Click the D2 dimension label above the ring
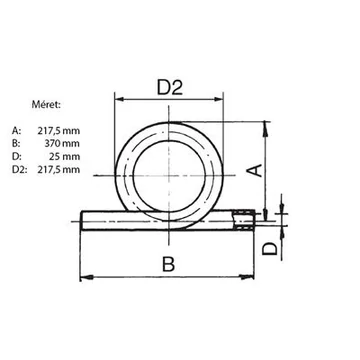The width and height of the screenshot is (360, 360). [170, 88]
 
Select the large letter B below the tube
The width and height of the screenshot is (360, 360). [169, 264]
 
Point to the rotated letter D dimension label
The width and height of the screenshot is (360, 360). [270, 249]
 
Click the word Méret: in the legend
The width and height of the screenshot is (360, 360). [46, 104]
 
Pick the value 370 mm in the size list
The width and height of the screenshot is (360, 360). [62, 144]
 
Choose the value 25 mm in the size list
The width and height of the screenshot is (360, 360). [64, 157]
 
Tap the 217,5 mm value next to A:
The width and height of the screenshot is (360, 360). [58, 131]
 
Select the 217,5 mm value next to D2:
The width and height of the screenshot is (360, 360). [58, 170]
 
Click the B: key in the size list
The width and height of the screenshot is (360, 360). [16, 144]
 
